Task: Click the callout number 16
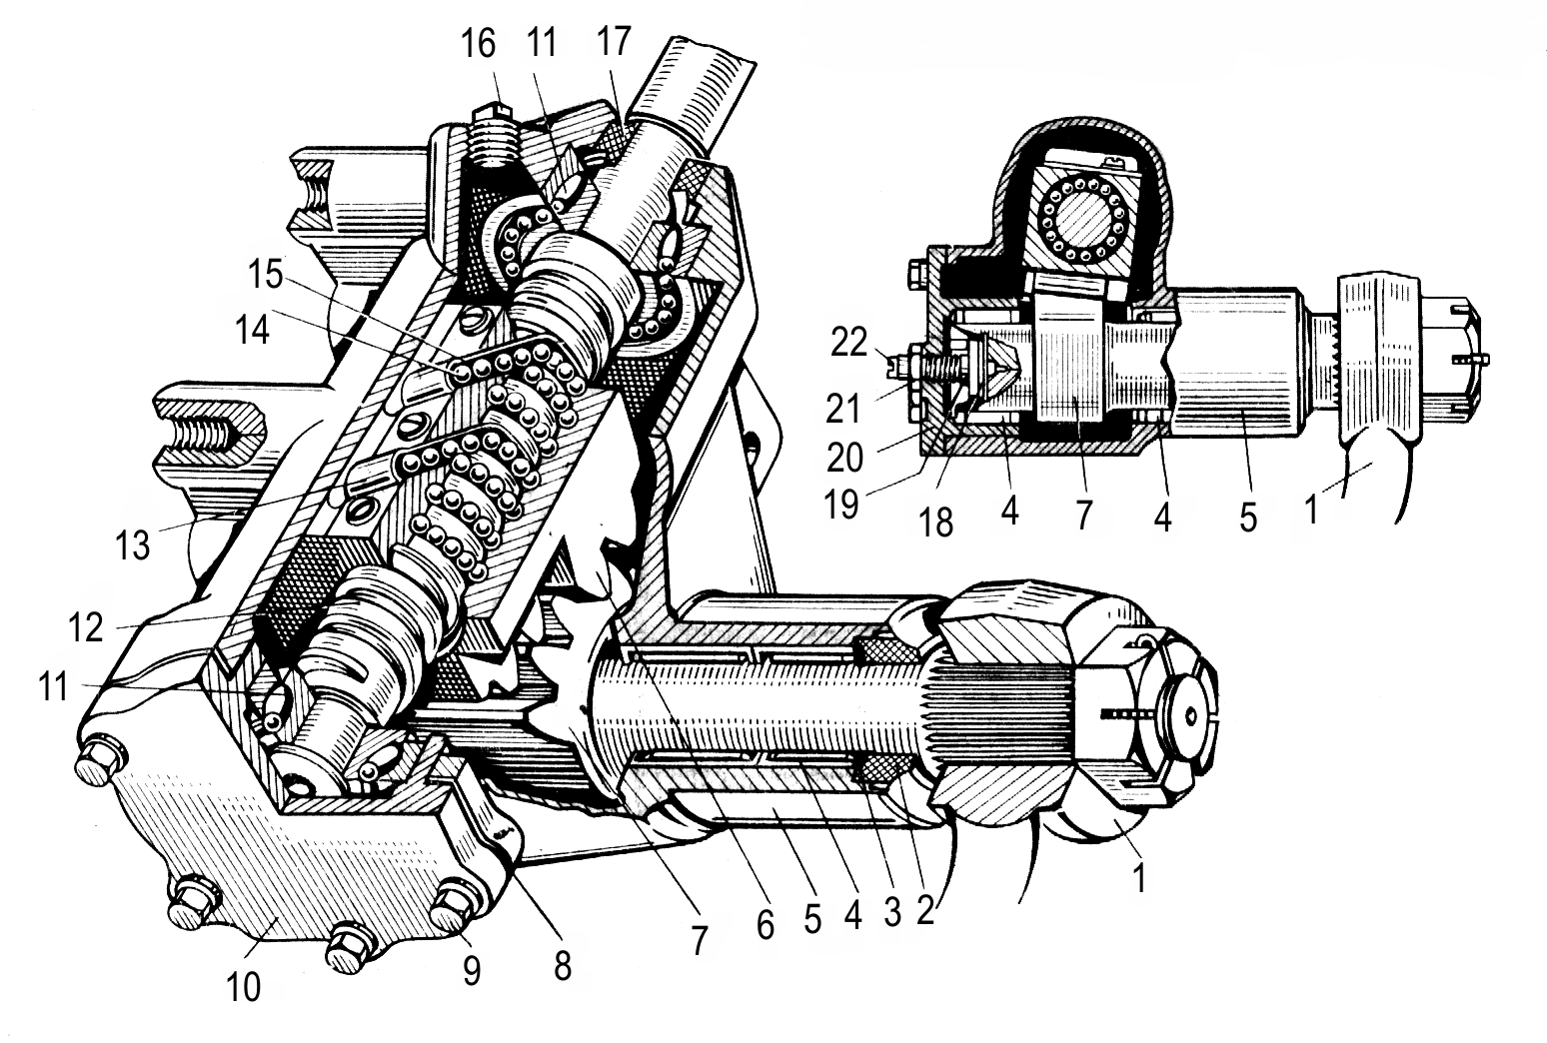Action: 478,45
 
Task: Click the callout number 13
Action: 131,544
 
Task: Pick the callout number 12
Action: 86,626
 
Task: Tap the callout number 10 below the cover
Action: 243,986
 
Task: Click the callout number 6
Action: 765,925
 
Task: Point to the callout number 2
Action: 924,911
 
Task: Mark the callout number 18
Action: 936,521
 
